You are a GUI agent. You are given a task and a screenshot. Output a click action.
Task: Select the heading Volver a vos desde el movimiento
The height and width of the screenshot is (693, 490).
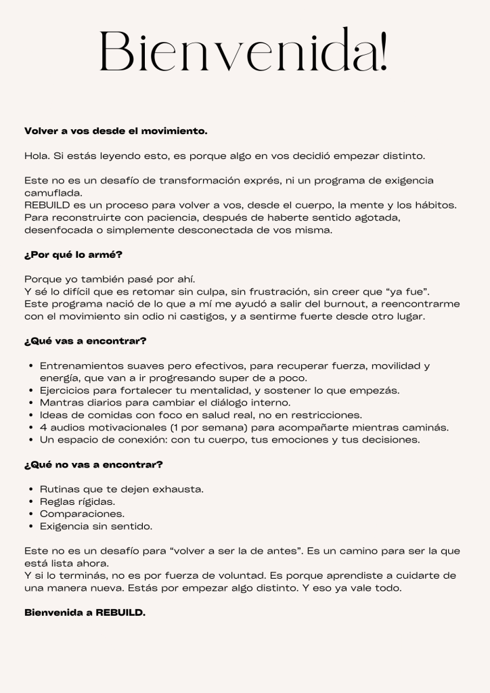(x=116, y=131)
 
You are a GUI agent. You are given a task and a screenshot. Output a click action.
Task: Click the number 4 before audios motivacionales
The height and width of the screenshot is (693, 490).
(x=43, y=427)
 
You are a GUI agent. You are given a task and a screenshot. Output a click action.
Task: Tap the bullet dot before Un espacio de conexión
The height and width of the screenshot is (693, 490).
(x=32, y=440)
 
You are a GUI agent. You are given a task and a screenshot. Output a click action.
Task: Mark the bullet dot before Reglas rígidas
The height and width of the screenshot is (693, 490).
(x=32, y=501)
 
